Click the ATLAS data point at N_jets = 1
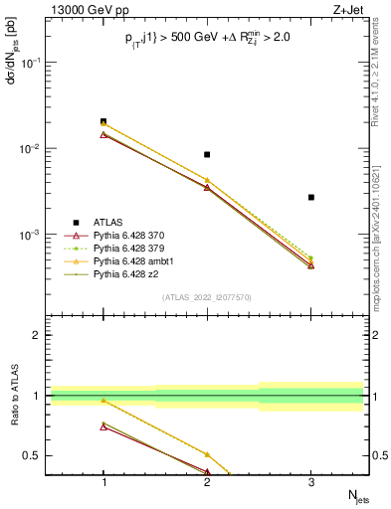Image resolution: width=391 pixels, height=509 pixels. point(103,121)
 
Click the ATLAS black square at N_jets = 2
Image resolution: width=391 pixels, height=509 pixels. point(207,154)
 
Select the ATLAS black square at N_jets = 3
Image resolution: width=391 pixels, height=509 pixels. point(310,197)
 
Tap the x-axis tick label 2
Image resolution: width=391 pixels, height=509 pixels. point(207,479)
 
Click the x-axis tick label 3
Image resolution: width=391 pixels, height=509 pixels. point(310,479)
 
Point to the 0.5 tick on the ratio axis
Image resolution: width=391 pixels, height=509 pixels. point(40,455)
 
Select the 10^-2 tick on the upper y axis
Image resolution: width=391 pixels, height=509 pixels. point(37,148)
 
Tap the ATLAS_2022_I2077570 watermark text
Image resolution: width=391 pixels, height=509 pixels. point(207,297)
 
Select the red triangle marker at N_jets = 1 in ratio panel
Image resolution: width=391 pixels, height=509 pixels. point(103,426)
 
